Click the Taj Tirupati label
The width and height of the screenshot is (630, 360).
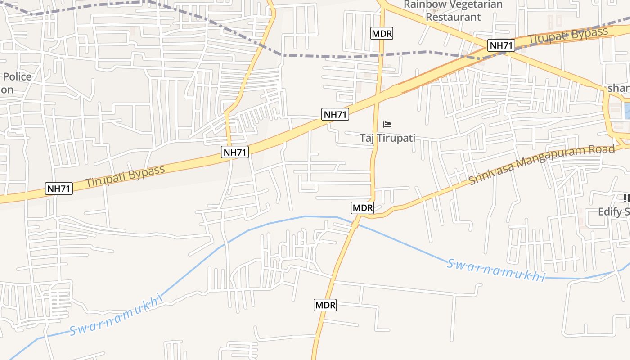click(x=387, y=138)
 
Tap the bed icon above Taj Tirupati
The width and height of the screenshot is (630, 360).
click(x=387, y=125)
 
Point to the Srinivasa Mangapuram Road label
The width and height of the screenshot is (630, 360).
click(x=541, y=164)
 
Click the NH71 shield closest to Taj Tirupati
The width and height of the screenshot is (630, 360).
click(x=336, y=114)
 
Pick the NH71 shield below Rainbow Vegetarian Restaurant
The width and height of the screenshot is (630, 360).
click(x=501, y=45)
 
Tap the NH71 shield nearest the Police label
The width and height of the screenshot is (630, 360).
click(x=59, y=189)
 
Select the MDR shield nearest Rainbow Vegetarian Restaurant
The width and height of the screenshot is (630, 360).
click(x=382, y=33)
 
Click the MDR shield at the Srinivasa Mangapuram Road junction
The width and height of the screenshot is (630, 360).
click(x=363, y=208)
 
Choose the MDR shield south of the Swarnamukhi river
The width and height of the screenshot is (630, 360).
click(x=325, y=305)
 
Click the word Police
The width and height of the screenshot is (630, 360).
click(x=17, y=76)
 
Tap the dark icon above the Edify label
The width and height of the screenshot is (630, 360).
click(x=626, y=198)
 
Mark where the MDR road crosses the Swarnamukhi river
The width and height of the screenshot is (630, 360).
click(x=354, y=223)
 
